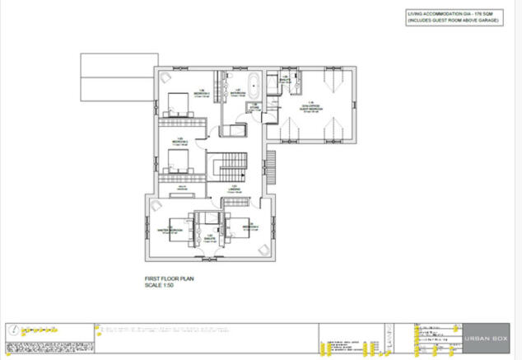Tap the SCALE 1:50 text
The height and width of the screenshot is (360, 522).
(155, 286)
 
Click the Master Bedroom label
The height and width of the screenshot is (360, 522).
(168, 230)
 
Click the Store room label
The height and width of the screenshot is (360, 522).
(256, 105)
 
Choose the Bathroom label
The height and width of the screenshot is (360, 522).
(236, 92)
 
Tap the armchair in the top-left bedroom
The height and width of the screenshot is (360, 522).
(164, 78)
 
